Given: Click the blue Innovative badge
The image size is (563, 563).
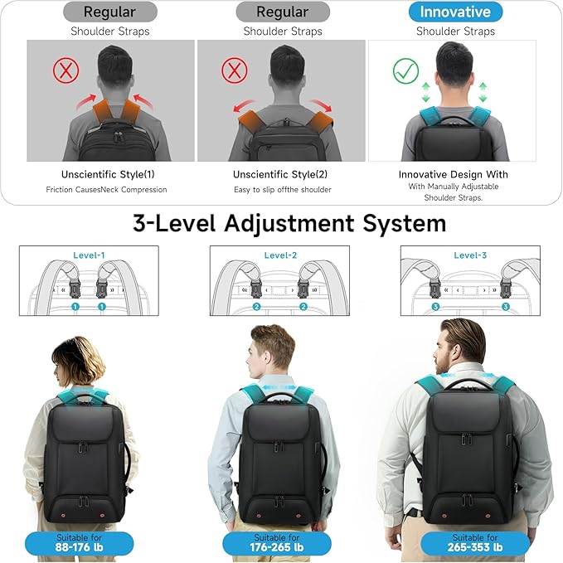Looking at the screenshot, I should pos(455,12).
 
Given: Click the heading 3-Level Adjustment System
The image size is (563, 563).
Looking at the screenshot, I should pos(289,223).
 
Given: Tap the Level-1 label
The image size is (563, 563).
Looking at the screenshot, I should pos(89,255).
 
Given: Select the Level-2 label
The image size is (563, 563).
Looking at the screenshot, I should pos(281,255).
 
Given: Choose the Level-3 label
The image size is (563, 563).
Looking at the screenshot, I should pos(471,255).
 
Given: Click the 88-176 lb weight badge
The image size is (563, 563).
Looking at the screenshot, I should pos(79,543).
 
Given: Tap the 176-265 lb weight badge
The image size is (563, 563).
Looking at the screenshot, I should pos(277,543).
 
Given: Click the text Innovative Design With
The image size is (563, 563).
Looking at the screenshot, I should pos(454,174).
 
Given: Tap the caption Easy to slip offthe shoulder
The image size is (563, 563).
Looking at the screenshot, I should pos(282,190).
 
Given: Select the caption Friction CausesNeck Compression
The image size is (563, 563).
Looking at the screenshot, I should pos(106,190).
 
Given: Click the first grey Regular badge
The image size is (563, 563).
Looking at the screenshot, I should pos(109,12).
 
